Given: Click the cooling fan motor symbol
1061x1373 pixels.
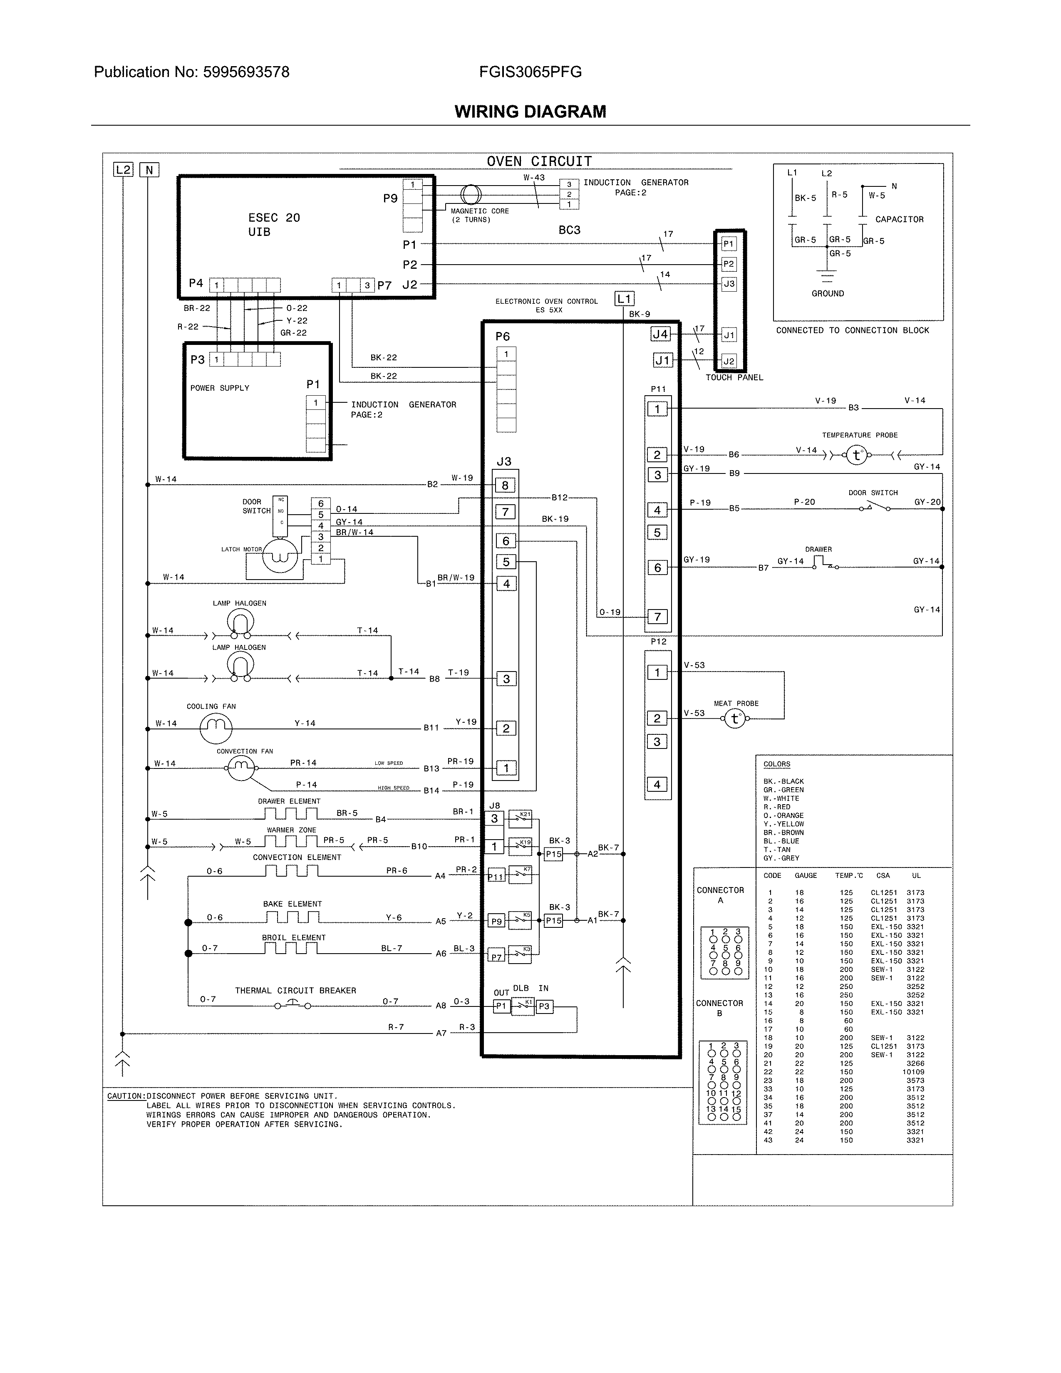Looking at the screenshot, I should tap(216, 728).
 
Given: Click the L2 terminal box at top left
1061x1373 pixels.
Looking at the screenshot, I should tap(123, 170).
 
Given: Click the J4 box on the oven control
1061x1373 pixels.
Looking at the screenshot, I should tap(660, 335).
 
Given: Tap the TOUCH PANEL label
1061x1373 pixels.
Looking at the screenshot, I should tap(734, 377).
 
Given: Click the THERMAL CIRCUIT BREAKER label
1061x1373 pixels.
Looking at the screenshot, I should tap(295, 990).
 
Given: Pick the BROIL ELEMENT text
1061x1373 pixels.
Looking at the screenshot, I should tap(293, 937).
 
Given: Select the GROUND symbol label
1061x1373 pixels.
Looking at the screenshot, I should tap(827, 294).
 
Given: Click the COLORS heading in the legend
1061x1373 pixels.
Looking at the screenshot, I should tap(776, 764).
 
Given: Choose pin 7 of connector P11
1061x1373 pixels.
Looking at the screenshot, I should tap(657, 617).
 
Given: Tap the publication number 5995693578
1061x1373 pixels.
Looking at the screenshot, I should tap(246, 72).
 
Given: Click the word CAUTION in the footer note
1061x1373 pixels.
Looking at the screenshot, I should tap(125, 1096).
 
